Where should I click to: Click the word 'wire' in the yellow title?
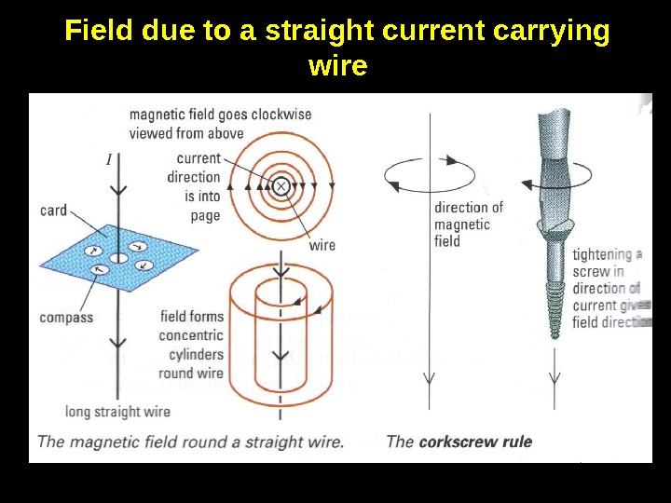coord(336,67)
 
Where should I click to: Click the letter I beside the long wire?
coord(109,159)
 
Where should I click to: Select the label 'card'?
coord(53,210)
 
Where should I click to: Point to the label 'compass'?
coord(66,317)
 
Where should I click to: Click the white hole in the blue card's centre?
coord(118,257)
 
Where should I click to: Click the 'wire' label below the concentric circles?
coord(322,245)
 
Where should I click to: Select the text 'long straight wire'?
coord(116,411)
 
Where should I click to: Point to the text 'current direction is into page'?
coord(195,186)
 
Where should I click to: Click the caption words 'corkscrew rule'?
coord(475,441)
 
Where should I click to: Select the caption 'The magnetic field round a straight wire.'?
coord(190,441)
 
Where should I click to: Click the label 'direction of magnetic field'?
coord(468,224)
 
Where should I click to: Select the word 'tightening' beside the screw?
coord(602,253)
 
